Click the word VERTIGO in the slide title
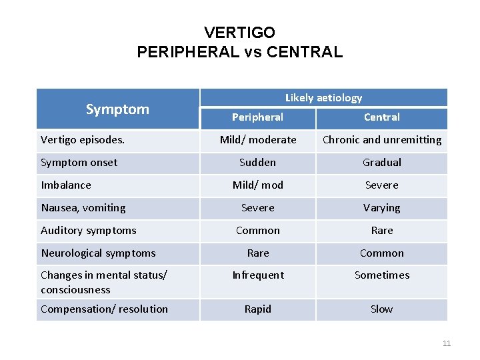point(239,32)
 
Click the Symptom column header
point(117,109)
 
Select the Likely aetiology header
point(323,98)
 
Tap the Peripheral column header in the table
point(257,117)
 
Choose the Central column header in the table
point(381,117)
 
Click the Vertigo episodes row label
point(83,140)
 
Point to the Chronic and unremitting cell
point(381,140)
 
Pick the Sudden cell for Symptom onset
point(257,163)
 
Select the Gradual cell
point(381,163)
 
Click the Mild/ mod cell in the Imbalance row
point(257,185)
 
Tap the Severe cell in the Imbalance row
point(381,185)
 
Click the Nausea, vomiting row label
point(83,208)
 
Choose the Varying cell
point(381,208)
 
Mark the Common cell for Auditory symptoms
point(257,231)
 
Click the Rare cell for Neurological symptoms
point(257,253)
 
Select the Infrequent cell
point(257,275)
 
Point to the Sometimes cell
point(381,275)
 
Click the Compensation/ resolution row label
point(104,309)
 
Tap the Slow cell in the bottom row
point(381,309)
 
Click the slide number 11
point(446,343)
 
